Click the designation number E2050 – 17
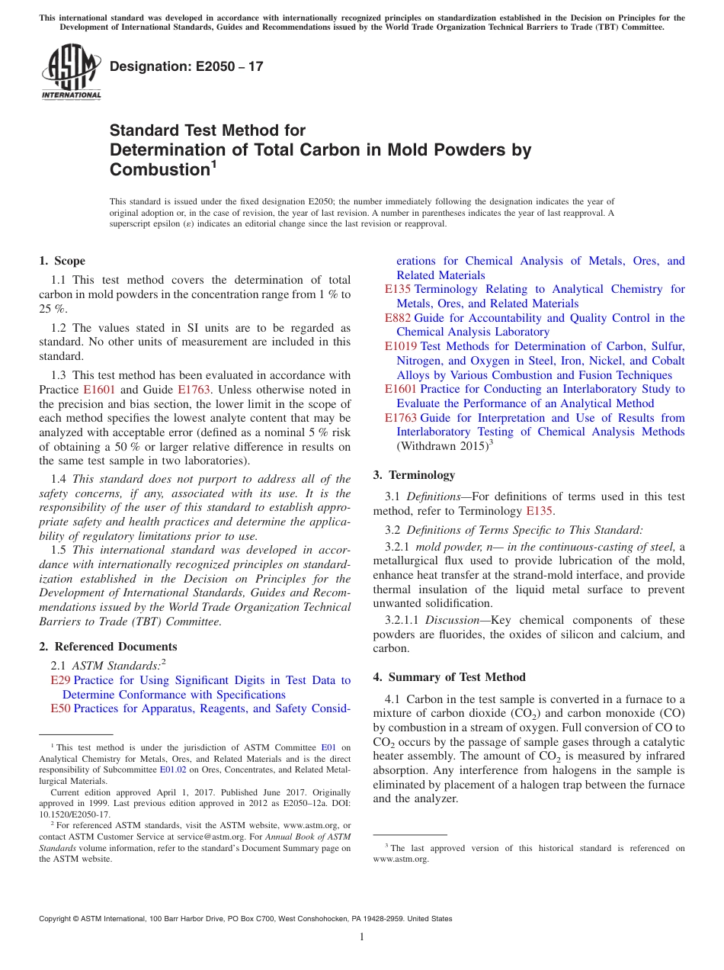pos(187,66)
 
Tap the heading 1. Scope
pos(62,261)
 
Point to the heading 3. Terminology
pos(414,475)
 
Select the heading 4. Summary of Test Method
pos(449,677)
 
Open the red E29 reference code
pos(60,680)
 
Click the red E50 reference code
pos(60,708)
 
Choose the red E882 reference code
pos(398,318)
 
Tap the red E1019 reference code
pos(401,346)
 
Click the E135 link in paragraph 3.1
pos(540,511)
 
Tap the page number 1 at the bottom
pos(362,936)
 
